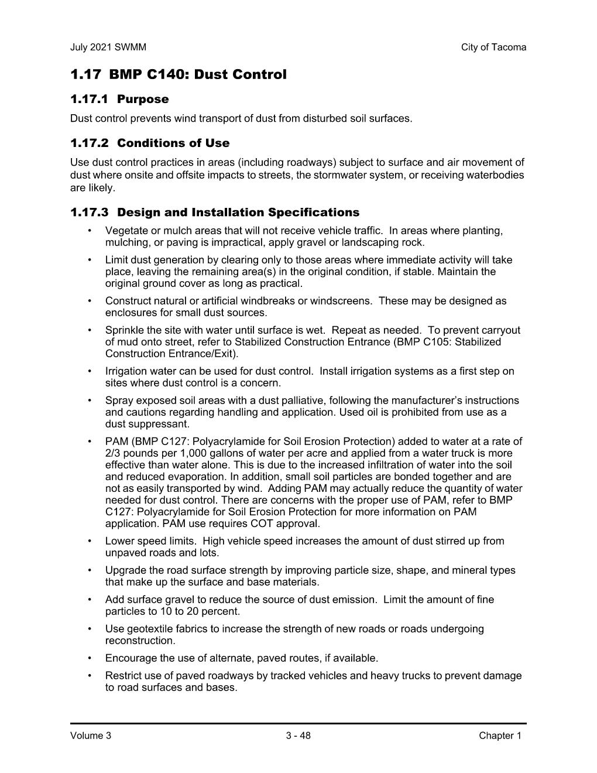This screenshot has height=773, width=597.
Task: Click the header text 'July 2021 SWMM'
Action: [108, 47]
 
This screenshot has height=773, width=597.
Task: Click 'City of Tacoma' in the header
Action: [493, 47]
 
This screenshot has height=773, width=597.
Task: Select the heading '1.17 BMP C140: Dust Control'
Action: [179, 75]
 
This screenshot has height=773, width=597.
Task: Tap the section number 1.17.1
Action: [90, 100]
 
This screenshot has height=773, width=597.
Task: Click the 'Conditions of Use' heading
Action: [173, 143]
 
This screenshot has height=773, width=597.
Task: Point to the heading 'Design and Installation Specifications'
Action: [238, 213]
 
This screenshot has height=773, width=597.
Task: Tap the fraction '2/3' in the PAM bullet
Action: [113, 453]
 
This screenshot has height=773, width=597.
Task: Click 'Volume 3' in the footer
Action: [90, 736]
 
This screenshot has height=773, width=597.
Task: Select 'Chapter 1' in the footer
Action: [499, 736]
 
